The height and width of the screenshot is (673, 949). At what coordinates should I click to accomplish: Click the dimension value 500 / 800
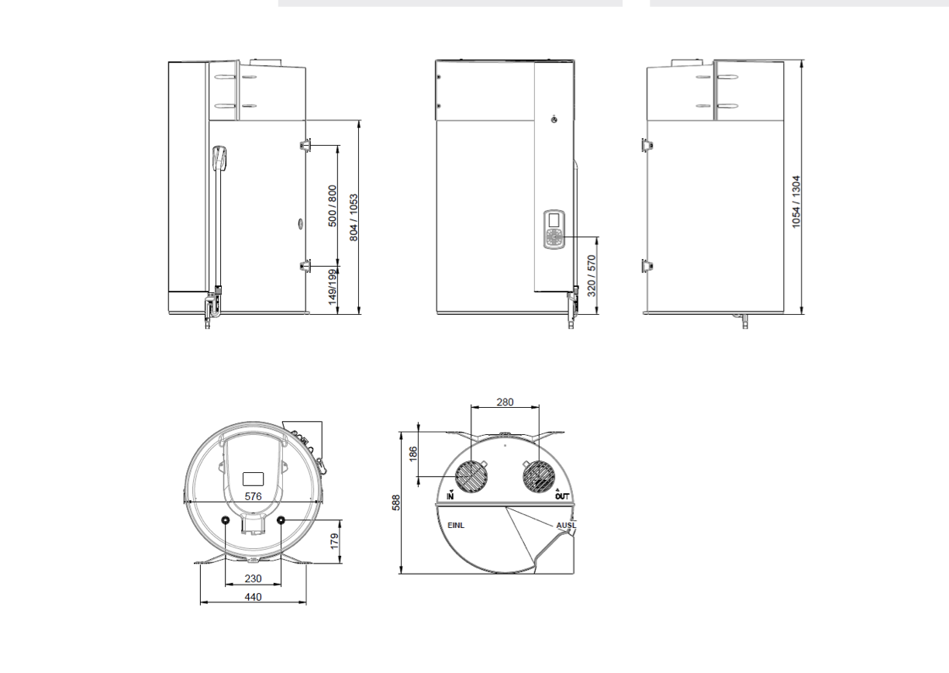(333, 206)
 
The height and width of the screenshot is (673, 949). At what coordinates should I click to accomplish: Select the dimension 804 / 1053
(354, 218)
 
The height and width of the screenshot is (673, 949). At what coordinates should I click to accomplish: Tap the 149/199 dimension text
(333, 287)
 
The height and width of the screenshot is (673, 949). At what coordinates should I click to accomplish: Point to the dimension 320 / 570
(592, 275)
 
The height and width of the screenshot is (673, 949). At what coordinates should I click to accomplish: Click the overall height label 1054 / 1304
(796, 202)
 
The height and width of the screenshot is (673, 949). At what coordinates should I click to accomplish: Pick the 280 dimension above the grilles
(505, 402)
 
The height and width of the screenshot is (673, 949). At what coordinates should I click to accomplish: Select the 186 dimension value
(413, 454)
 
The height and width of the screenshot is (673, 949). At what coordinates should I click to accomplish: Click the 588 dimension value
(395, 502)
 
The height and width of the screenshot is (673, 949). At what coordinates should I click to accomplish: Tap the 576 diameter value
(253, 496)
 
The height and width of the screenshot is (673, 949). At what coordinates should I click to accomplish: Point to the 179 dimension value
(335, 541)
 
